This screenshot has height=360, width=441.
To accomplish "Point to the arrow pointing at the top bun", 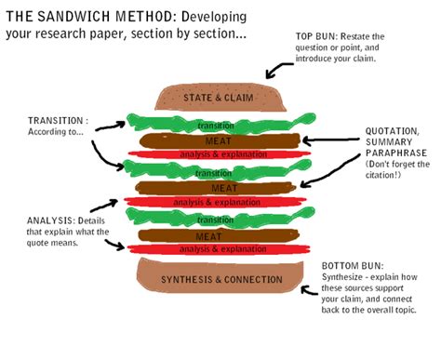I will (x=274, y=69).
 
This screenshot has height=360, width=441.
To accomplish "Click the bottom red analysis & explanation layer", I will (x=220, y=249).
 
